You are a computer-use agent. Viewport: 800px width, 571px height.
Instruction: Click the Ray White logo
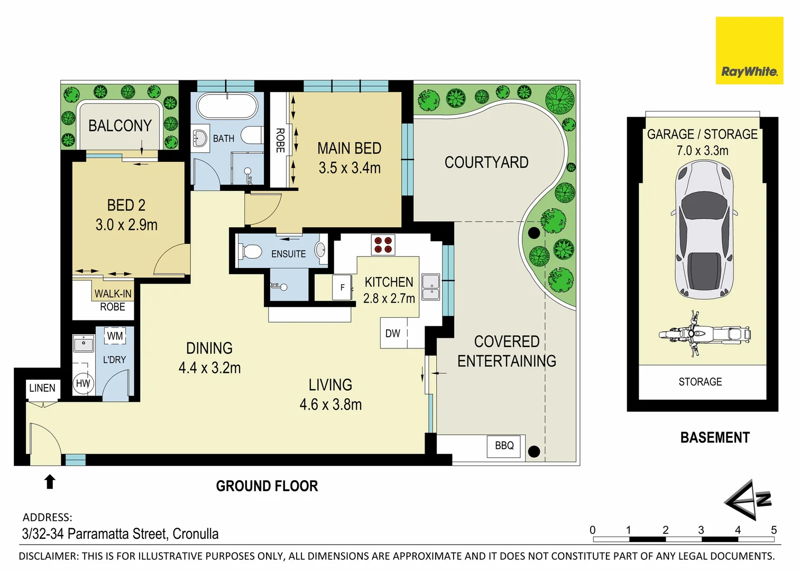click(749, 51)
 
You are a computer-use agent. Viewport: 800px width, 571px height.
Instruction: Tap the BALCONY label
click(120, 126)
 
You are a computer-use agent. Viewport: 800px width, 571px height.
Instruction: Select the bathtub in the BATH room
click(227, 106)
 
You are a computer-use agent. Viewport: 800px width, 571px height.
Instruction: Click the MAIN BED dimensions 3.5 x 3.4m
click(350, 168)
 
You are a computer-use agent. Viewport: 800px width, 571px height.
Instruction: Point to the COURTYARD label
click(486, 162)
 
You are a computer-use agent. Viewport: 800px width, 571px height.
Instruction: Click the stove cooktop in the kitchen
click(383, 244)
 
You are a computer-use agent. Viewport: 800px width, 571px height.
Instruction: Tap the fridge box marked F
click(343, 288)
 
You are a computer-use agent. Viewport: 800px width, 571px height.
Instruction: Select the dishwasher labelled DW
click(393, 334)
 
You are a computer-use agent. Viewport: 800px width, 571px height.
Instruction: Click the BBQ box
click(504, 446)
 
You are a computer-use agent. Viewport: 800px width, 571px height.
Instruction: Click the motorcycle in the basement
click(704, 334)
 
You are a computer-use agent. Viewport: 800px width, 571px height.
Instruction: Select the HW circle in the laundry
click(83, 384)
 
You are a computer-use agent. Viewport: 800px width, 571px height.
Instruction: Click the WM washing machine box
click(115, 336)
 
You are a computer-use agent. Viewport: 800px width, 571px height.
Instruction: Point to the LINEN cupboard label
click(42, 388)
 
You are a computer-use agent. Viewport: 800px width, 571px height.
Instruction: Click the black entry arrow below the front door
click(50, 482)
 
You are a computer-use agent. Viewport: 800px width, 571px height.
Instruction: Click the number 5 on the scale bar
click(774, 530)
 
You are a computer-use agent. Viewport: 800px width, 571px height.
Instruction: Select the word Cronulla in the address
click(196, 534)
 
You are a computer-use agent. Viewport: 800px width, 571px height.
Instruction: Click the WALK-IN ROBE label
click(113, 300)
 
